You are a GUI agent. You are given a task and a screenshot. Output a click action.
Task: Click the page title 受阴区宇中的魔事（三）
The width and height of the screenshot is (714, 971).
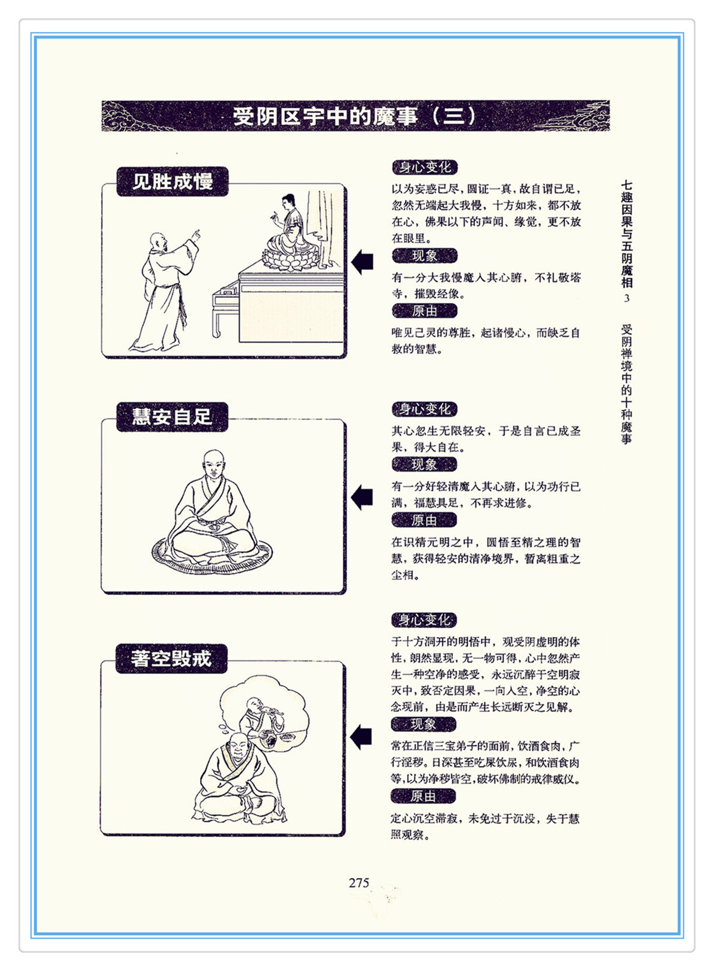pyautogui.click(x=355, y=116)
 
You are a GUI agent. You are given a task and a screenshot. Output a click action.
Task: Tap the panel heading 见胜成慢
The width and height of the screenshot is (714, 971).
pyautogui.click(x=172, y=181)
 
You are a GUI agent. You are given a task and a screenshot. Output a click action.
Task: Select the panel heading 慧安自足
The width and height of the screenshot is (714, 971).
pyautogui.click(x=172, y=416)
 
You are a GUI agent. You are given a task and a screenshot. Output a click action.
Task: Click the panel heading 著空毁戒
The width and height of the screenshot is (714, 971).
pyautogui.click(x=171, y=659)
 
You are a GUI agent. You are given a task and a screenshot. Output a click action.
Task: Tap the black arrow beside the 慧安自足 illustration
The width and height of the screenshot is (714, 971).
pyautogui.click(x=362, y=497)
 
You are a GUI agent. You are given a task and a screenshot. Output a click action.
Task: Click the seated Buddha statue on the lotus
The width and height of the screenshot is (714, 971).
pyautogui.click(x=288, y=234)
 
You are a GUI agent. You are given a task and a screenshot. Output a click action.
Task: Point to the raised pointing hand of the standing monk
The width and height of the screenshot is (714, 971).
pyautogui.click(x=195, y=235)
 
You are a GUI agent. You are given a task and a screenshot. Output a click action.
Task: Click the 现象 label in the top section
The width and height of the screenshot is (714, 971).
pyautogui.click(x=424, y=256)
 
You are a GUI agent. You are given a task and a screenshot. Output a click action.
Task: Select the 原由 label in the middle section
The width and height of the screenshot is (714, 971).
pyautogui.click(x=424, y=520)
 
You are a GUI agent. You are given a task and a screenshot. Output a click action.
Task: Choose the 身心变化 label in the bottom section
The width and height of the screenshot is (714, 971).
pyautogui.click(x=424, y=620)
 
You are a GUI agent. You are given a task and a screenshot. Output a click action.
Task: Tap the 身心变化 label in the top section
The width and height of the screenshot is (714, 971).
pyautogui.click(x=425, y=167)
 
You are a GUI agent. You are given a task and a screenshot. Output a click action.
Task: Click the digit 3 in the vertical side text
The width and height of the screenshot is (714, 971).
pyautogui.click(x=626, y=298)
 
